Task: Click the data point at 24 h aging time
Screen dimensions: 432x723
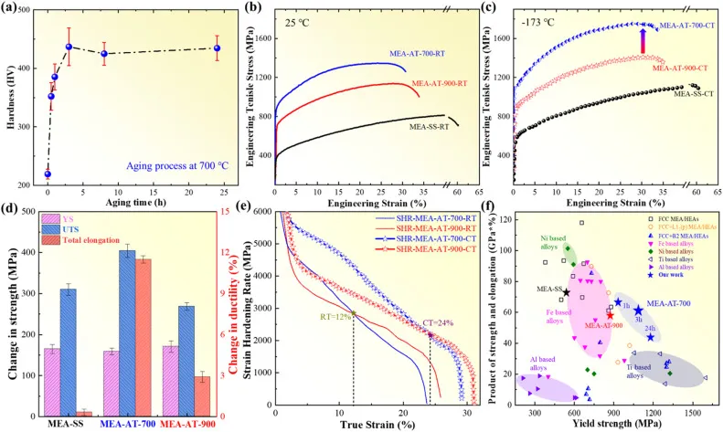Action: point(217,48)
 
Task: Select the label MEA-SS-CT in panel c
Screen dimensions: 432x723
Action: point(694,93)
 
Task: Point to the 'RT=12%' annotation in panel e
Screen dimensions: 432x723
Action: point(335,316)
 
